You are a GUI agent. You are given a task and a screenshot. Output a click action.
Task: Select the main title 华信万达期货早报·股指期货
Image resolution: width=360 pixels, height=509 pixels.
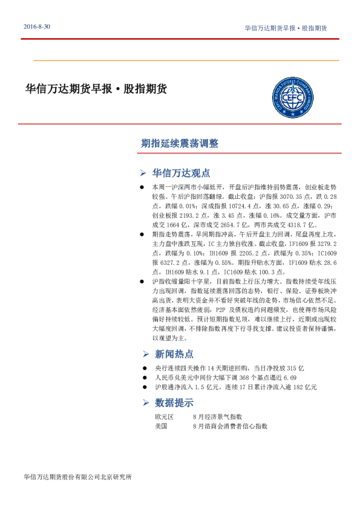coord(96,89)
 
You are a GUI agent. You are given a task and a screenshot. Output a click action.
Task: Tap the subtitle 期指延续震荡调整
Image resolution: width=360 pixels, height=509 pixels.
coord(179,143)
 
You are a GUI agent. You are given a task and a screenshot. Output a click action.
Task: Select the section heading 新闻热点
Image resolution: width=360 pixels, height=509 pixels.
coord(174,354)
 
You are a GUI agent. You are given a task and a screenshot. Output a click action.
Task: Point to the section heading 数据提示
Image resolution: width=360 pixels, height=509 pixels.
coord(174,403)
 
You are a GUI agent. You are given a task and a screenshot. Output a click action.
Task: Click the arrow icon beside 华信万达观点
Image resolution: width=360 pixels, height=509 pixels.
coord(143,172)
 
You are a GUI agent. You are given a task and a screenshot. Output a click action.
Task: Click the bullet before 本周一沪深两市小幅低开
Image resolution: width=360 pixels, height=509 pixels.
coord(142,189)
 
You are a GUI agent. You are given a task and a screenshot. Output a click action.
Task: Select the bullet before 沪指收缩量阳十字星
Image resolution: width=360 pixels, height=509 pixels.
coord(142,281)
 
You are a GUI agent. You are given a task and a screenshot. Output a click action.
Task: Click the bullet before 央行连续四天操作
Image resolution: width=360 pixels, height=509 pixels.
coord(142,368)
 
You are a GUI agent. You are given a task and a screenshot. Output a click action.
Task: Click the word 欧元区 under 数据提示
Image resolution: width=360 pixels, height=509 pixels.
coord(164,417)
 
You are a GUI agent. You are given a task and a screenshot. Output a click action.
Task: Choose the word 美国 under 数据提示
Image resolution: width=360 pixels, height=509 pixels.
coord(161,426)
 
